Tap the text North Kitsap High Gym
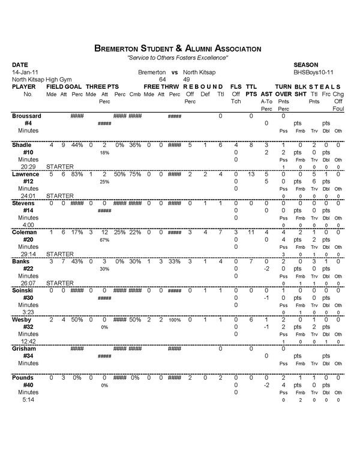(40, 79)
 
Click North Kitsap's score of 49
(187, 79)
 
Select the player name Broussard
(27, 115)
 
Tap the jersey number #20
(28, 239)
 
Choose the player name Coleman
(26, 232)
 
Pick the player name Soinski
(25, 290)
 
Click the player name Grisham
(25, 348)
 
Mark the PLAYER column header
(24, 87)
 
